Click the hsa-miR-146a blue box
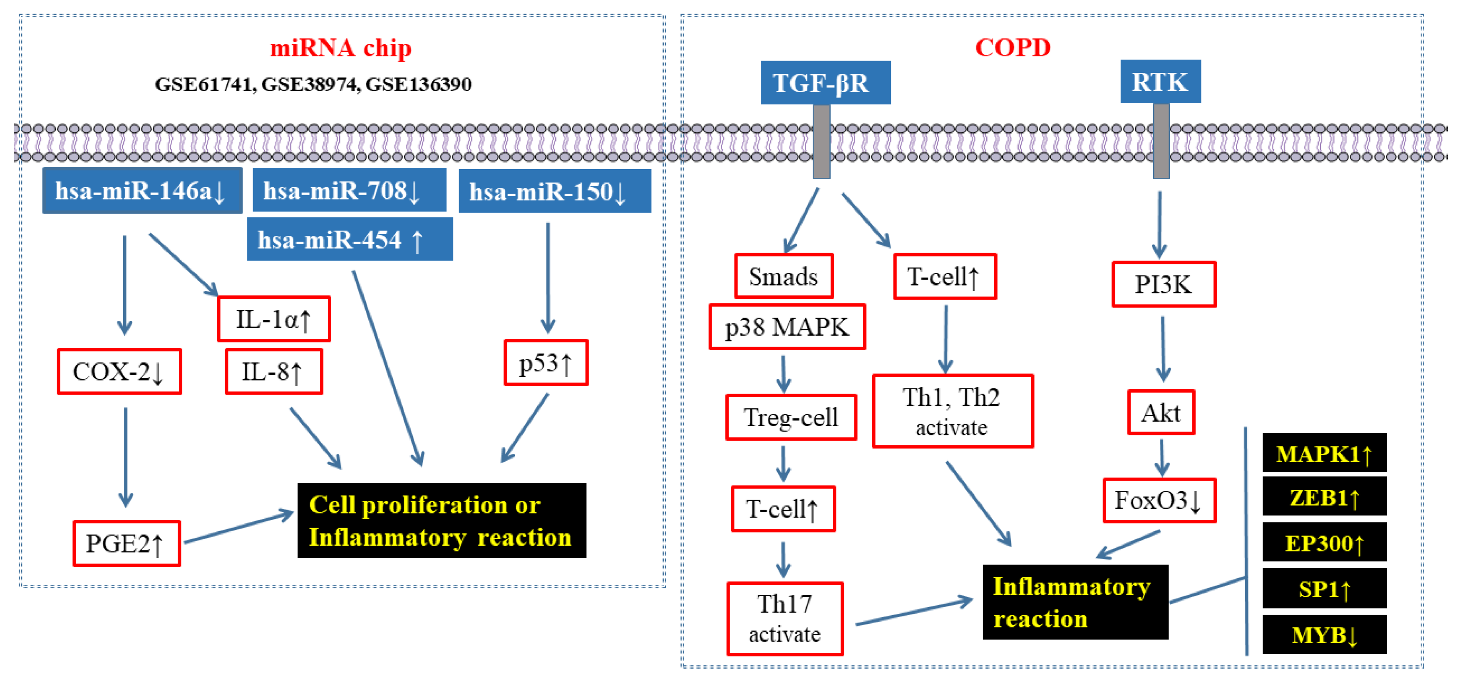coord(142,191)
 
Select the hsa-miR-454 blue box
coord(350,239)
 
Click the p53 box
coord(546,363)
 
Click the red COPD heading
coord(1012,47)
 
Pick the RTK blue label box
coord(1160,82)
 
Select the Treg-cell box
coord(791,418)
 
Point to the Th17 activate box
coord(785,619)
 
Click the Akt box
coord(1161,413)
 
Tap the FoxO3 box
coord(1158,500)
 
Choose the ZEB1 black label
coord(1324,497)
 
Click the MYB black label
coord(1324,634)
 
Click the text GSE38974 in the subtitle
coord(308,84)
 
